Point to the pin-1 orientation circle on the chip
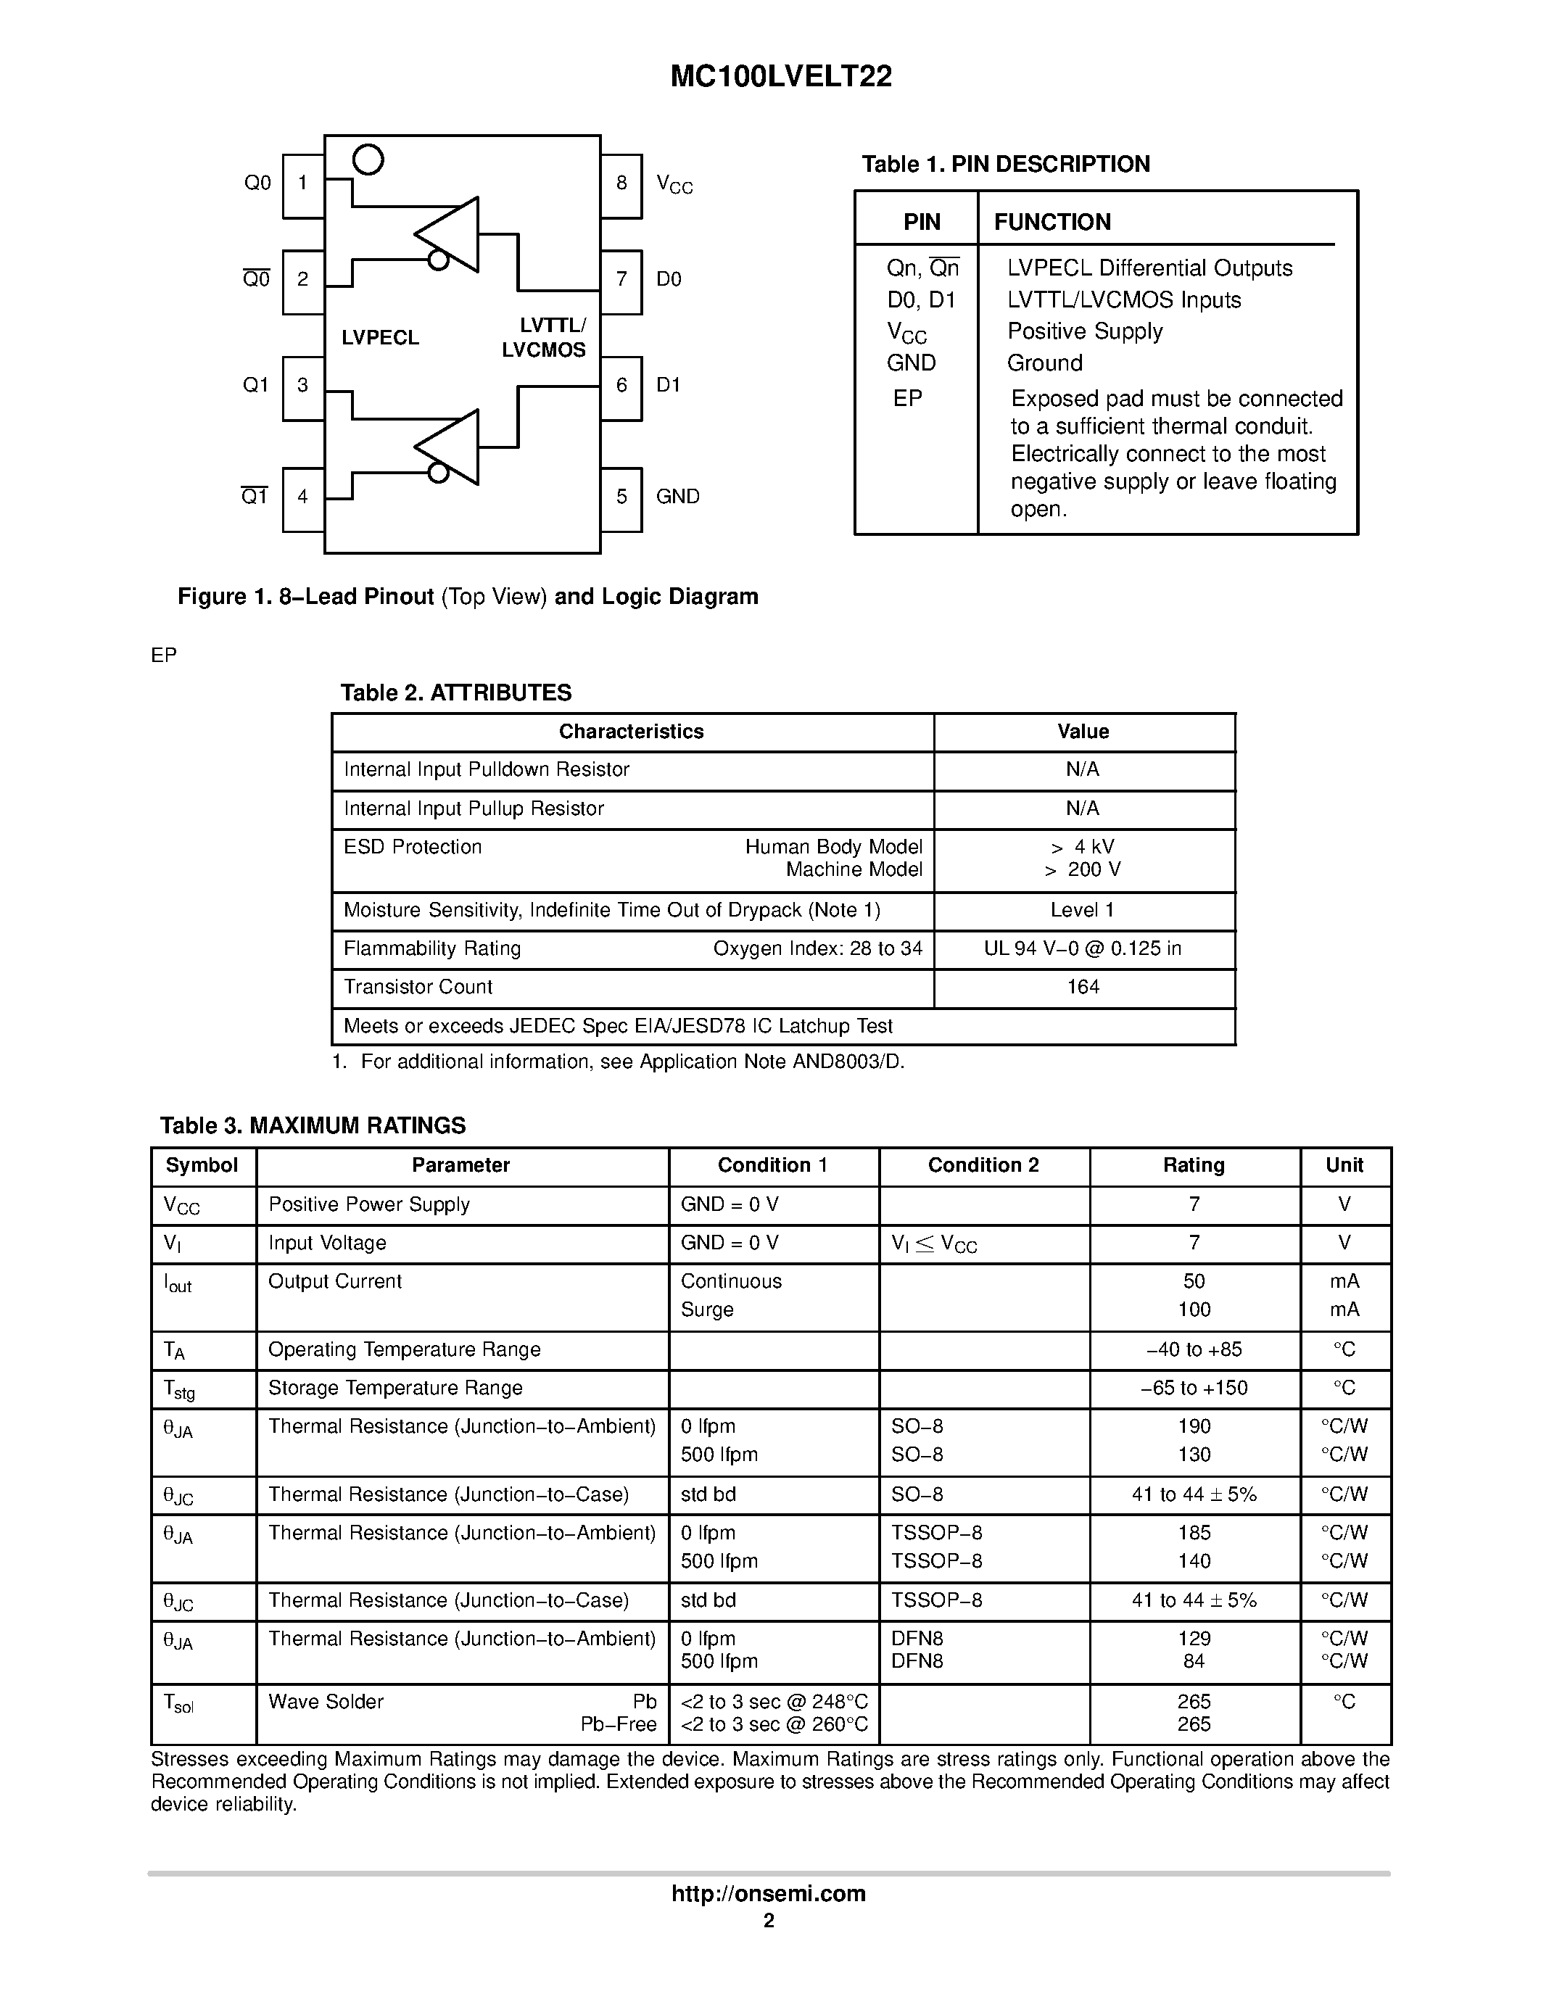tap(368, 160)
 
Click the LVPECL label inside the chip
tap(380, 338)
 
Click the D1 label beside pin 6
tap(669, 385)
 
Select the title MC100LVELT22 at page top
tap(780, 77)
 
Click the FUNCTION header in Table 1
tap(1052, 222)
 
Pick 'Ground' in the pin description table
tap(1044, 363)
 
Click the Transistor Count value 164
tap(1083, 987)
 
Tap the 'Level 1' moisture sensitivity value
tap(1083, 910)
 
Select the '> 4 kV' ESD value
tap(1083, 847)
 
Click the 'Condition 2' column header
tap(983, 1165)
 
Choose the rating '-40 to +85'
tap(1193, 1349)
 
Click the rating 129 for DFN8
tap(1193, 1639)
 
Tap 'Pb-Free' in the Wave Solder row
tap(618, 1725)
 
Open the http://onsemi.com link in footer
tap(769, 1893)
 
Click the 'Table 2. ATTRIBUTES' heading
tap(455, 693)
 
